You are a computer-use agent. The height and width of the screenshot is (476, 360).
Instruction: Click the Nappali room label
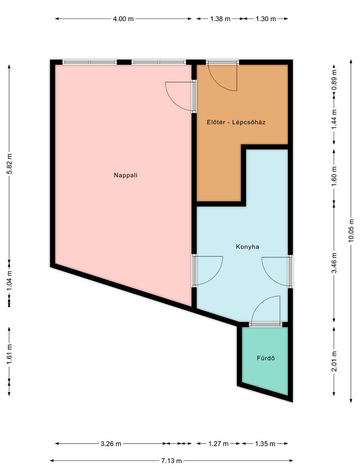coord(126,175)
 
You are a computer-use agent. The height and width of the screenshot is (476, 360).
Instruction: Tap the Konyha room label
coord(248,247)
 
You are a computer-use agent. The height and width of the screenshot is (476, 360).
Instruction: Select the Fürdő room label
coord(266,358)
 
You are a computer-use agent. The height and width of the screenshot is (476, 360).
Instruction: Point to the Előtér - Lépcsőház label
coord(236,123)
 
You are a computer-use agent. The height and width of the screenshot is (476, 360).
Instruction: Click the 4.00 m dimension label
coord(123,19)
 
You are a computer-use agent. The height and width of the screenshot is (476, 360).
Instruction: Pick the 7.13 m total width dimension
coord(171,461)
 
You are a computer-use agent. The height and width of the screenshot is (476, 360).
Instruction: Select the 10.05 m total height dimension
coord(351,231)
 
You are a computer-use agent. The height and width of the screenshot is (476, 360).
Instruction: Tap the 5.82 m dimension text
coord(9,164)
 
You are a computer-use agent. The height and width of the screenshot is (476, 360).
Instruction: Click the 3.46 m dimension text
coord(334,263)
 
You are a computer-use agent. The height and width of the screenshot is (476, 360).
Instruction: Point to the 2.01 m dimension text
coord(334,361)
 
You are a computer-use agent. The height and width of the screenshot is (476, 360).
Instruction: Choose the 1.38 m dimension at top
coord(221,19)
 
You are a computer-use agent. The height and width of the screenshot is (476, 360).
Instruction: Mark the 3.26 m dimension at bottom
coord(111,444)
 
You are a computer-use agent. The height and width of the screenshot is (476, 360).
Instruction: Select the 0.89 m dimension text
coord(334,79)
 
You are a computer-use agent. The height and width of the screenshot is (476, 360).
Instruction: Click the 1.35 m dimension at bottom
coord(265,444)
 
